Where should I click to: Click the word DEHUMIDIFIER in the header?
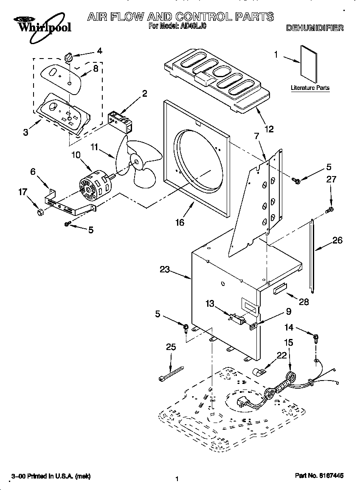click(315, 28)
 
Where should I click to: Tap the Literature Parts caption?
click(310, 88)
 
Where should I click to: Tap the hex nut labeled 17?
click(38, 211)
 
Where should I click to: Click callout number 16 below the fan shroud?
click(180, 222)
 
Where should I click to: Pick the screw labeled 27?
click(329, 209)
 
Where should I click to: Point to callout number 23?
click(165, 269)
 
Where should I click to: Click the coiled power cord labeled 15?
click(292, 377)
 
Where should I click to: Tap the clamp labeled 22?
click(259, 372)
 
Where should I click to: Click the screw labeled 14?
click(316, 339)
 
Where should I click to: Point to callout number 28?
click(304, 302)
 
